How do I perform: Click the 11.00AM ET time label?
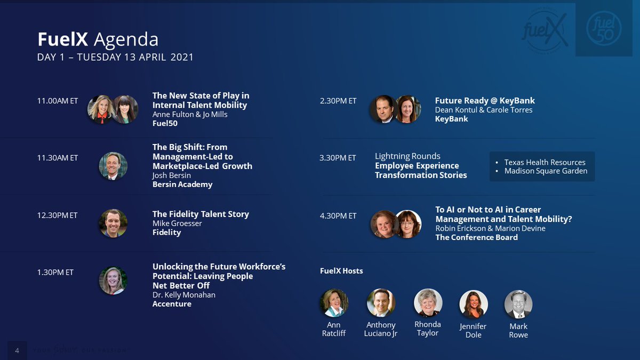[58, 101]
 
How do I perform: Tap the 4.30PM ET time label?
[338, 216]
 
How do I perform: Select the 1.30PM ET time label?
[55, 273]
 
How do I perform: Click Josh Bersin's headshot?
[113, 166]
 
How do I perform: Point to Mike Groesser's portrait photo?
[113, 223]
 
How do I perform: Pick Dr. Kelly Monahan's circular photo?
[113, 281]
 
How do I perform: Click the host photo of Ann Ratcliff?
[334, 303]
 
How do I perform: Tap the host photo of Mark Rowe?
[518, 305]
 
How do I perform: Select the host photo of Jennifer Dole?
[474, 305]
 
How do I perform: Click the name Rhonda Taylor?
[428, 329]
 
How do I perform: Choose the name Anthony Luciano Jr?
[381, 329]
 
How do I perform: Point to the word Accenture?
[172, 304]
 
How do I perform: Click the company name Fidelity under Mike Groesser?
[166, 233]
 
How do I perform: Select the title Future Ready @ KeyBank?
[485, 101]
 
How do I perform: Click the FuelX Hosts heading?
[341, 271]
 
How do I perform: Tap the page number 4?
[17, 350]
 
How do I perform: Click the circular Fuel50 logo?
[604, 29]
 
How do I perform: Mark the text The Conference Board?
[476, 237]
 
